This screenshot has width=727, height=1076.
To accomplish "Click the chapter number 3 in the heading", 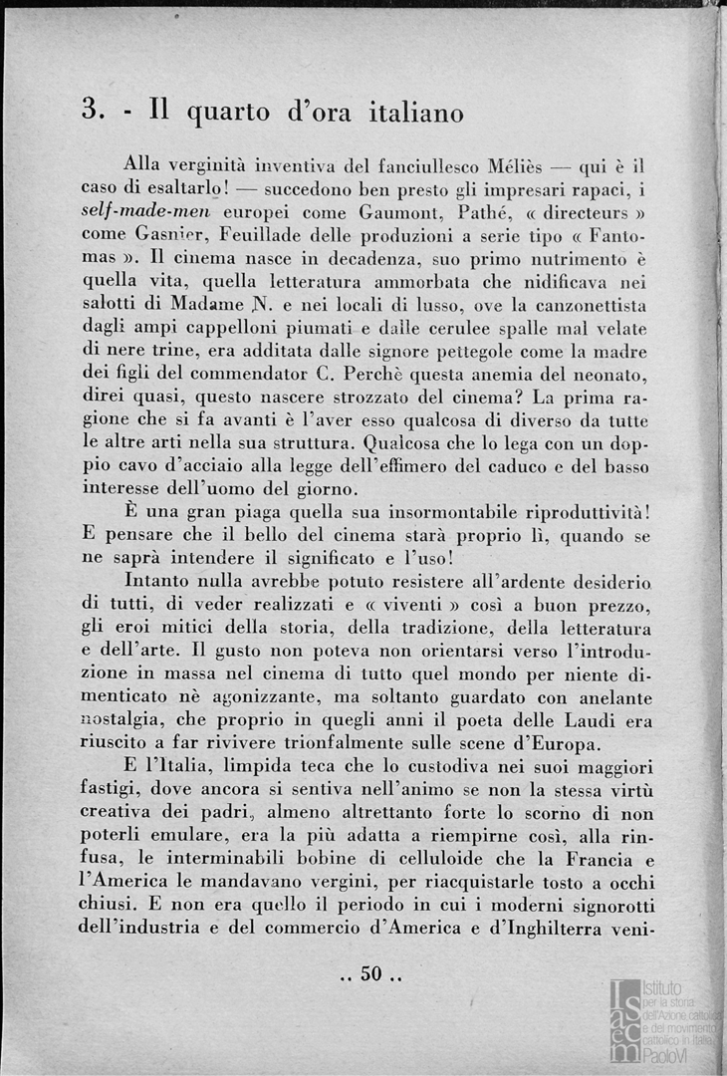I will pos(88,112).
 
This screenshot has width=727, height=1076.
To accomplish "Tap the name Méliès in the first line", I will pos(520,165).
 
